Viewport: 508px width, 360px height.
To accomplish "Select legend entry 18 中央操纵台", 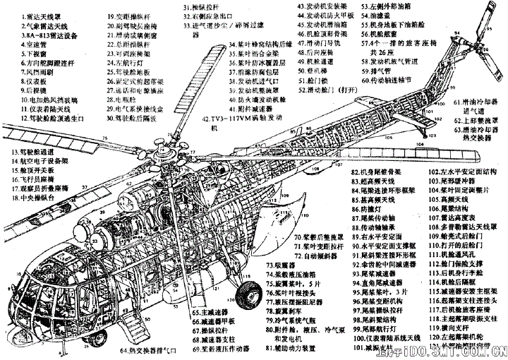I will (x=31, y=199).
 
